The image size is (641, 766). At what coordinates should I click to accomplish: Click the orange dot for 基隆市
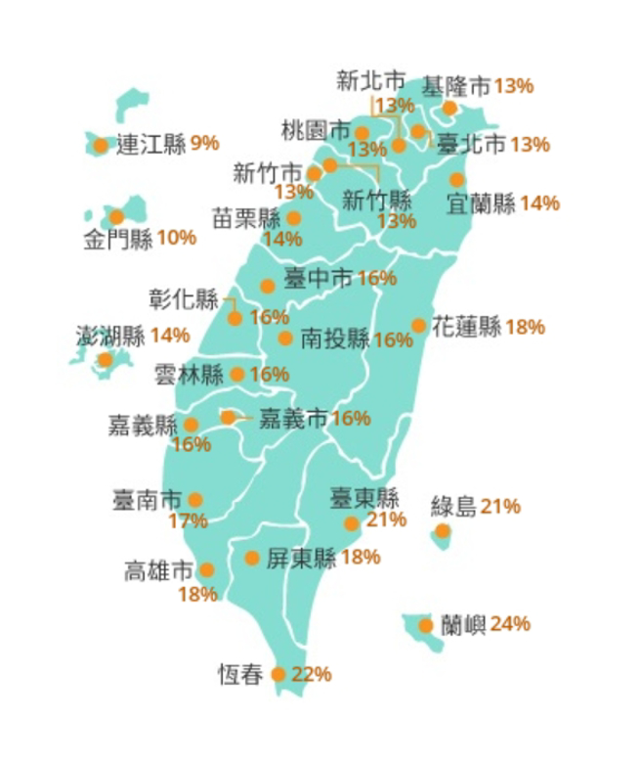(449, 108)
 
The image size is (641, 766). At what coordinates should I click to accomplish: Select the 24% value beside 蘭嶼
(511, 623)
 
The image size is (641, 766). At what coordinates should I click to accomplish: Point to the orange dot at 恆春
(278, 674)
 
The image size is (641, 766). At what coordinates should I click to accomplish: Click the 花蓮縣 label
(467, 326)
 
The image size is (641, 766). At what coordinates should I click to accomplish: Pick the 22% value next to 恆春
(312, 673)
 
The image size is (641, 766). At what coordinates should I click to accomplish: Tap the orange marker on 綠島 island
(443, 531)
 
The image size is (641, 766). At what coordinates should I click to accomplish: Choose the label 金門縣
(117, 238)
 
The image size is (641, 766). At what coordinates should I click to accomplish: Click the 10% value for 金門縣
(176, 237)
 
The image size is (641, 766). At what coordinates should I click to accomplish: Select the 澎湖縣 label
(110, 336)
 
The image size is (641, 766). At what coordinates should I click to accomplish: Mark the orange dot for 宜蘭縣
(457, 179)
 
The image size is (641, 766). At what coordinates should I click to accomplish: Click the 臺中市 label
(318, 278)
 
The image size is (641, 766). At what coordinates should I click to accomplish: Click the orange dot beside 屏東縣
(252, 558)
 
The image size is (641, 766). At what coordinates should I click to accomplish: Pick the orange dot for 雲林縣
(237, 374)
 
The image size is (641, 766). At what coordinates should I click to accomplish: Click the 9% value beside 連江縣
(204, 144)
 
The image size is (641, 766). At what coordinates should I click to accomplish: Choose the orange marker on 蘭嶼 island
(426, 626)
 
